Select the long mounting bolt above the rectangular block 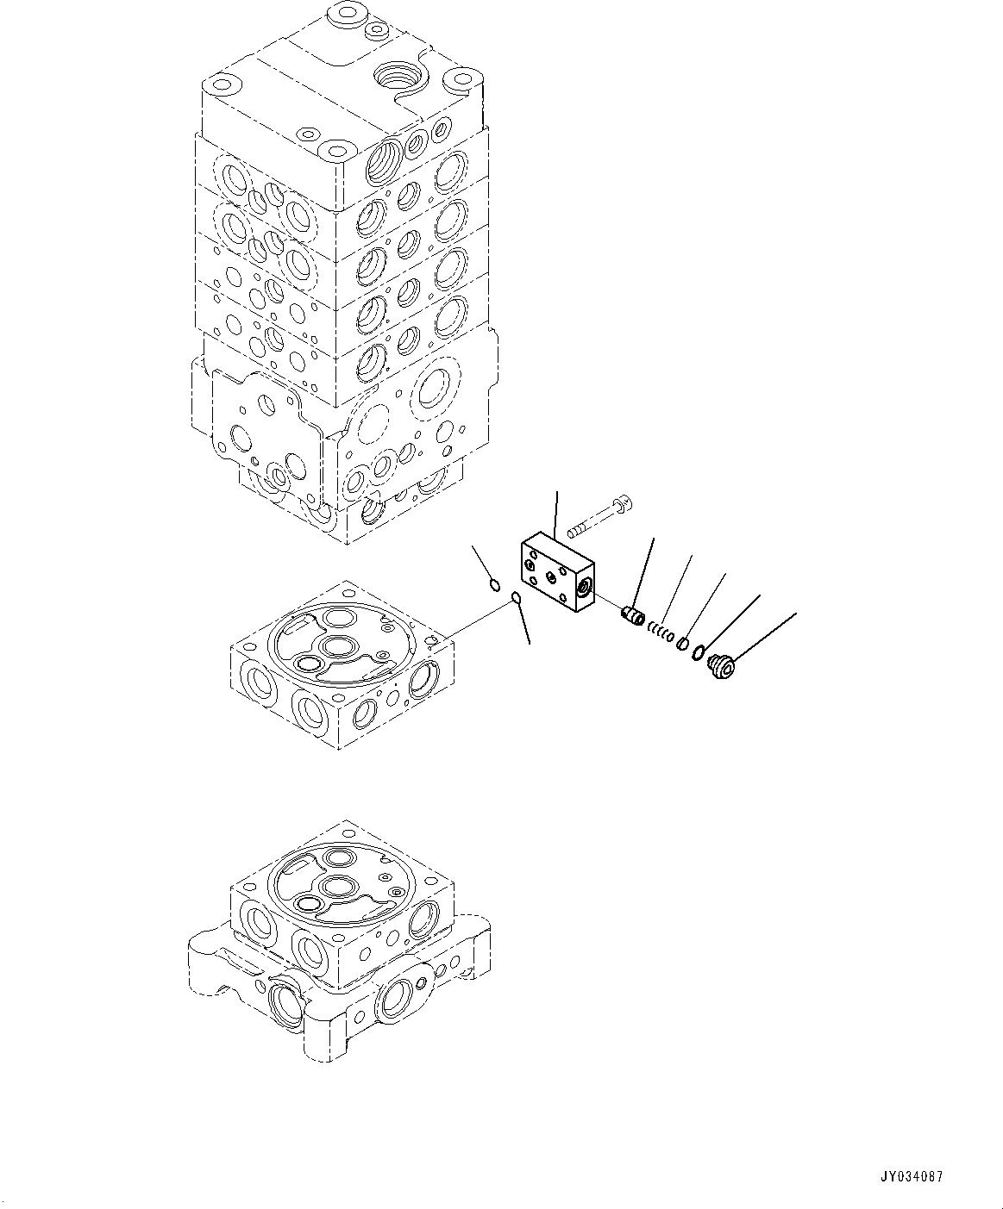coord(594,519)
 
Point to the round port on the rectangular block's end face coord(584,589)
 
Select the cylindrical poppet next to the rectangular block coord(634,617)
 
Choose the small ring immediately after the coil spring coord(681,643)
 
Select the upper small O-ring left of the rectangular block coord(494,586)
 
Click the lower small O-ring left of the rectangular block coord(516,599)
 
